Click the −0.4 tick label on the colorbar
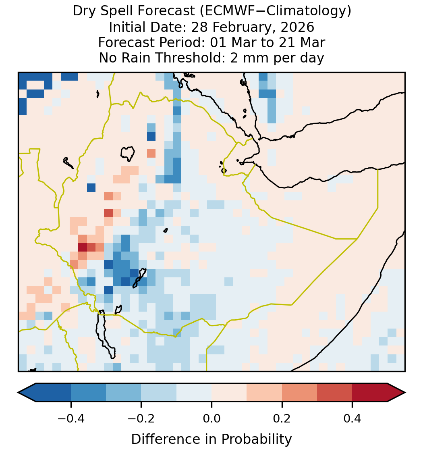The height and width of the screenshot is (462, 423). (71, 418)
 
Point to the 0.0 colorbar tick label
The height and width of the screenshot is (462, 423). (211, 418)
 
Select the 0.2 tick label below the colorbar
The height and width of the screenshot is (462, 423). (282, 418)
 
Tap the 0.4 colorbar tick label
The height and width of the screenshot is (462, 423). (352, 418)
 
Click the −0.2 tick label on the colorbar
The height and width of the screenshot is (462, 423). (141, 418)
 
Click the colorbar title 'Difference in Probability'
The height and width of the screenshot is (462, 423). (211, 439)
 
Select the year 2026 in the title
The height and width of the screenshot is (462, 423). (297, 27)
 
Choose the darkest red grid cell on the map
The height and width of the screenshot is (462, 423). (83, 247)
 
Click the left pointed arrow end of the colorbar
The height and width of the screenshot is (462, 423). (18, 393)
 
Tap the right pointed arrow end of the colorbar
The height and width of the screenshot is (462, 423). (405, 393)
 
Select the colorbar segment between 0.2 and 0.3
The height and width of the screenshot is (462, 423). (299, 393)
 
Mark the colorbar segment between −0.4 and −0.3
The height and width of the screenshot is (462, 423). (88, 393)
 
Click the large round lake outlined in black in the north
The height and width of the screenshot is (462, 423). (127, 154)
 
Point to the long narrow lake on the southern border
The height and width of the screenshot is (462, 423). (105, 334)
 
